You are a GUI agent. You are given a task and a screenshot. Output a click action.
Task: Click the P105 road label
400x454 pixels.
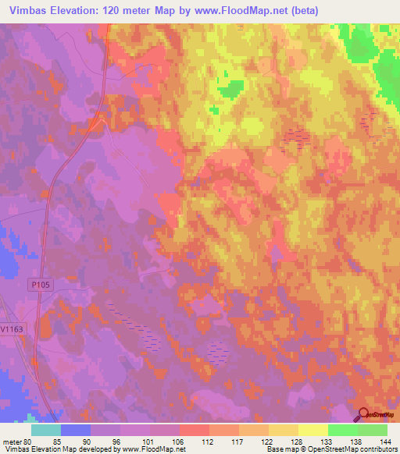(41, 286)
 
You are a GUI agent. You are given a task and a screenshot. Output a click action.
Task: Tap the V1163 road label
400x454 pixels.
(11, 329)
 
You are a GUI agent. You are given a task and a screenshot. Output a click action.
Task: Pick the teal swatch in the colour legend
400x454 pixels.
(45, 429)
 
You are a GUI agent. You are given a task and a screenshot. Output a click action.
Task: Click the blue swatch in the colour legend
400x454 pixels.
(75, 429)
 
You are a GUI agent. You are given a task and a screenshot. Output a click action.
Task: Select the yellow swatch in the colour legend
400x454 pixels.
(312, 429)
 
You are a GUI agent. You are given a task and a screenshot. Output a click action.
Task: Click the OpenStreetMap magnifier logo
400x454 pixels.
(363, 416)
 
